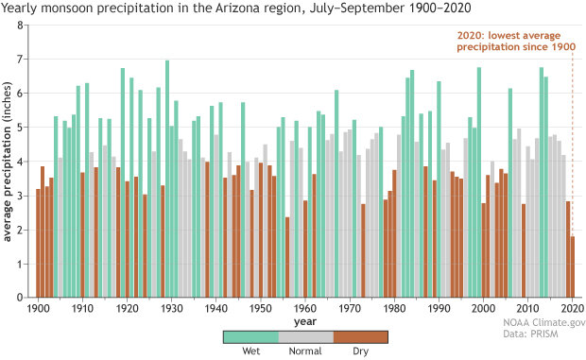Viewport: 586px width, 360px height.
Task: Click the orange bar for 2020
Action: click(x=573, y=267)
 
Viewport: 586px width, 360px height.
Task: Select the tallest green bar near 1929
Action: click(x=167, y=180)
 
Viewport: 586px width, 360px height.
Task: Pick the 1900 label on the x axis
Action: click(x=38, y=308)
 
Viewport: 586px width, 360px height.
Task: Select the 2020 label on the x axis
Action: click(x=570, y=308)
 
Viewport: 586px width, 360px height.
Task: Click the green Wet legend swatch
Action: click(x=250, y=336)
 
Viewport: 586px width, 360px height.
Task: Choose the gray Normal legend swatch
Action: click(x=306, y=336)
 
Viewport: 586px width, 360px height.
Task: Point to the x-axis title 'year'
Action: click(x=305, y=320)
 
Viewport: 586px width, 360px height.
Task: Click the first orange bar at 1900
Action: click(x=39, y=244)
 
